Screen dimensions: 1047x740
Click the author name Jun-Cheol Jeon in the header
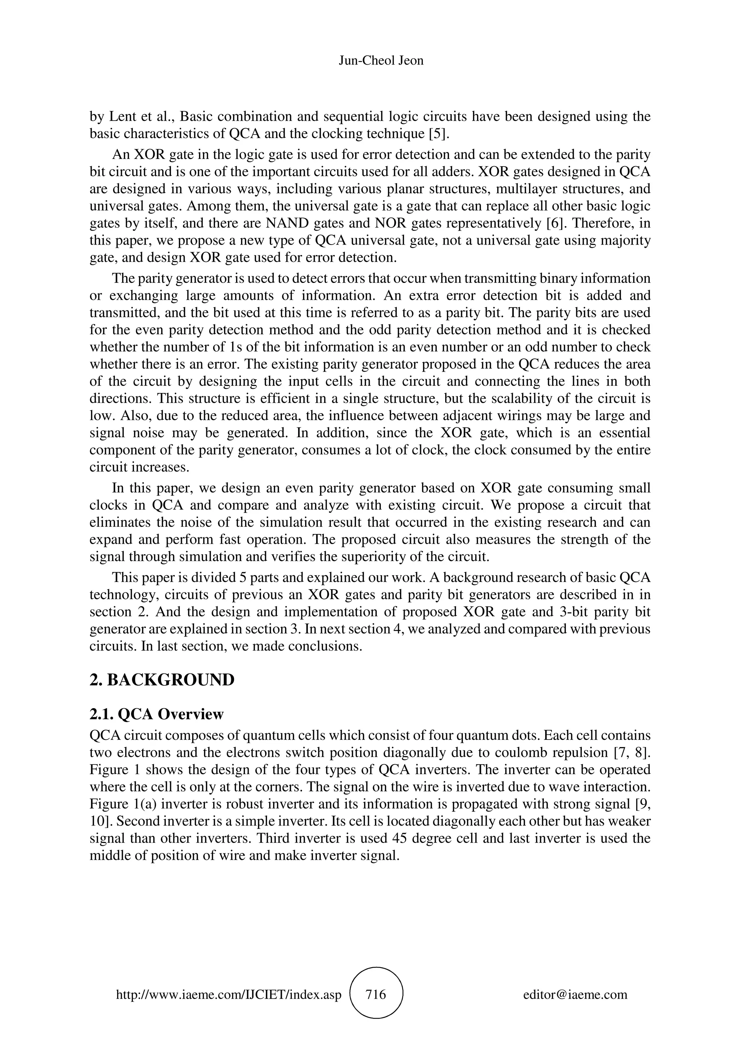(x=381, y=61)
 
